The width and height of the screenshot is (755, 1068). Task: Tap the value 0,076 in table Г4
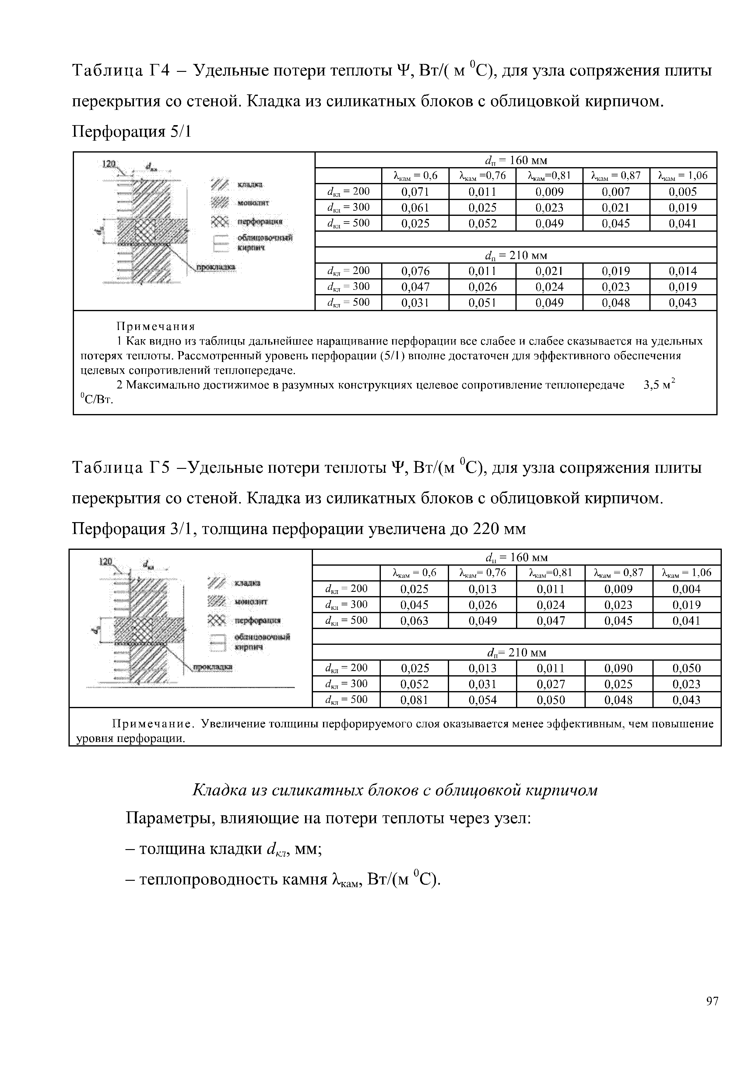pos(415,271)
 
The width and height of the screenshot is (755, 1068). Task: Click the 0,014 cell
pos(683,271)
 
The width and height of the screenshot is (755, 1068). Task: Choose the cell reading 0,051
pos(483,303)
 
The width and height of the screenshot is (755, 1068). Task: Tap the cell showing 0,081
pos(414,700)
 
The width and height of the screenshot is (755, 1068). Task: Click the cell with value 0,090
pos(618,669)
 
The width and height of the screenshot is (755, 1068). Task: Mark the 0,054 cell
pos(483,700)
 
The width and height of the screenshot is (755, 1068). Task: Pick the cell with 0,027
pos(550,684)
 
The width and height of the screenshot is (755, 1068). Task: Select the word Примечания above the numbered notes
pos(155,326)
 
